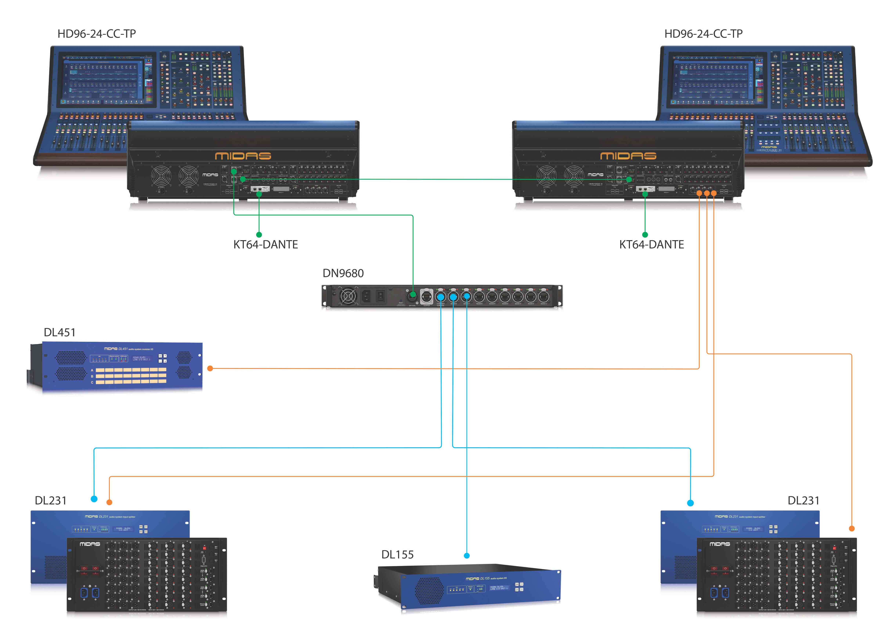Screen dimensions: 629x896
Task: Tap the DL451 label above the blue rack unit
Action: (x=59, y=332)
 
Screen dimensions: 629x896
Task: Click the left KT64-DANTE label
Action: (x=265, y=245)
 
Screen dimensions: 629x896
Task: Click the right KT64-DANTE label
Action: (x=651, y=245)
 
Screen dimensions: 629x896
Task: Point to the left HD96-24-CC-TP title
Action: (x=96, y=34)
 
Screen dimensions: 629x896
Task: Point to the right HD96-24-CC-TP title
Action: (x=703, y=34)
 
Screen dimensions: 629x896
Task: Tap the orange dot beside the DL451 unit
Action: (x=210, y=368)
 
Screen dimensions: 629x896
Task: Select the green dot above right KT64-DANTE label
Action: (x=645, y=235)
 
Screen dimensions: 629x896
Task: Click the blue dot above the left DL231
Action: (x=94, y=499)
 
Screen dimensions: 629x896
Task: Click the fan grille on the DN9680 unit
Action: (x=348, y=296)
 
